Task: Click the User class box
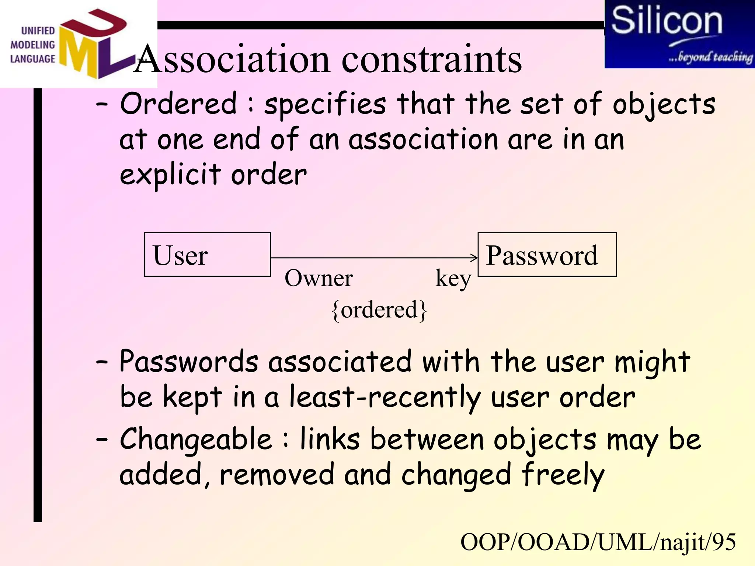207,255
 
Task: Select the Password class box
547,255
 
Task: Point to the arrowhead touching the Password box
475,258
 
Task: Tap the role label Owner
319,278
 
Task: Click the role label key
453,279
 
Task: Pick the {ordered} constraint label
379,310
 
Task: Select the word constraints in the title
431,60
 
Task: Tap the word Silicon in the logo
667,21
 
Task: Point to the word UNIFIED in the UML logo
38,31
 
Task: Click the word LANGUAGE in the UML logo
32,59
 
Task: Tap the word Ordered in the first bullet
178,104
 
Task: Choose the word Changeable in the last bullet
196,439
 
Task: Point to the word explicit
170,175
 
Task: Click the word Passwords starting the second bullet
189,362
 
